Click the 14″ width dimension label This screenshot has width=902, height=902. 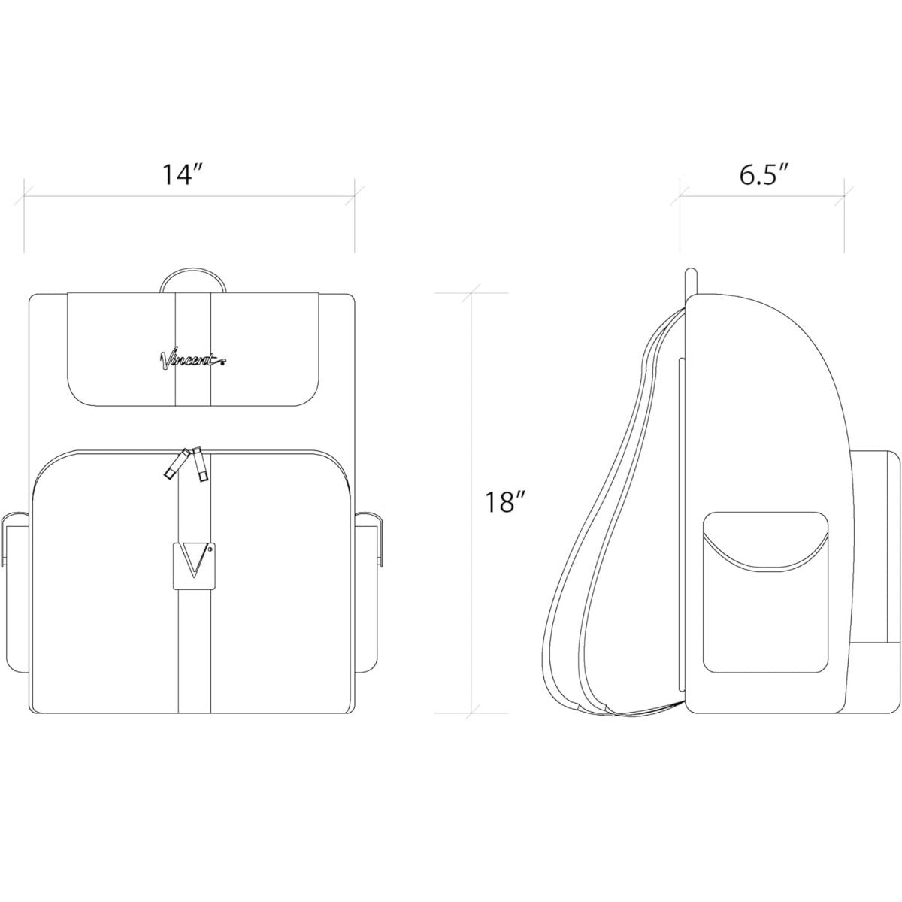coord(183,175)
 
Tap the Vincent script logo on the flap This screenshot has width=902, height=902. coord(192,360)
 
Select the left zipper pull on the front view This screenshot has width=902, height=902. coord(174,464)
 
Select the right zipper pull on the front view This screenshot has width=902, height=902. coord(200,465)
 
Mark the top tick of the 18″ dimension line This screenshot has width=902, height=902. coord(472,292)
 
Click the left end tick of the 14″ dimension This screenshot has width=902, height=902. coord(25,198)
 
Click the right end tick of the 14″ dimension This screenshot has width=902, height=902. coord(354,198)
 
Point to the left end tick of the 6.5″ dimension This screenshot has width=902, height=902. coord(681,198)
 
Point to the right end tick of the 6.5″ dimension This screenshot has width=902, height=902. coord(844,198)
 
